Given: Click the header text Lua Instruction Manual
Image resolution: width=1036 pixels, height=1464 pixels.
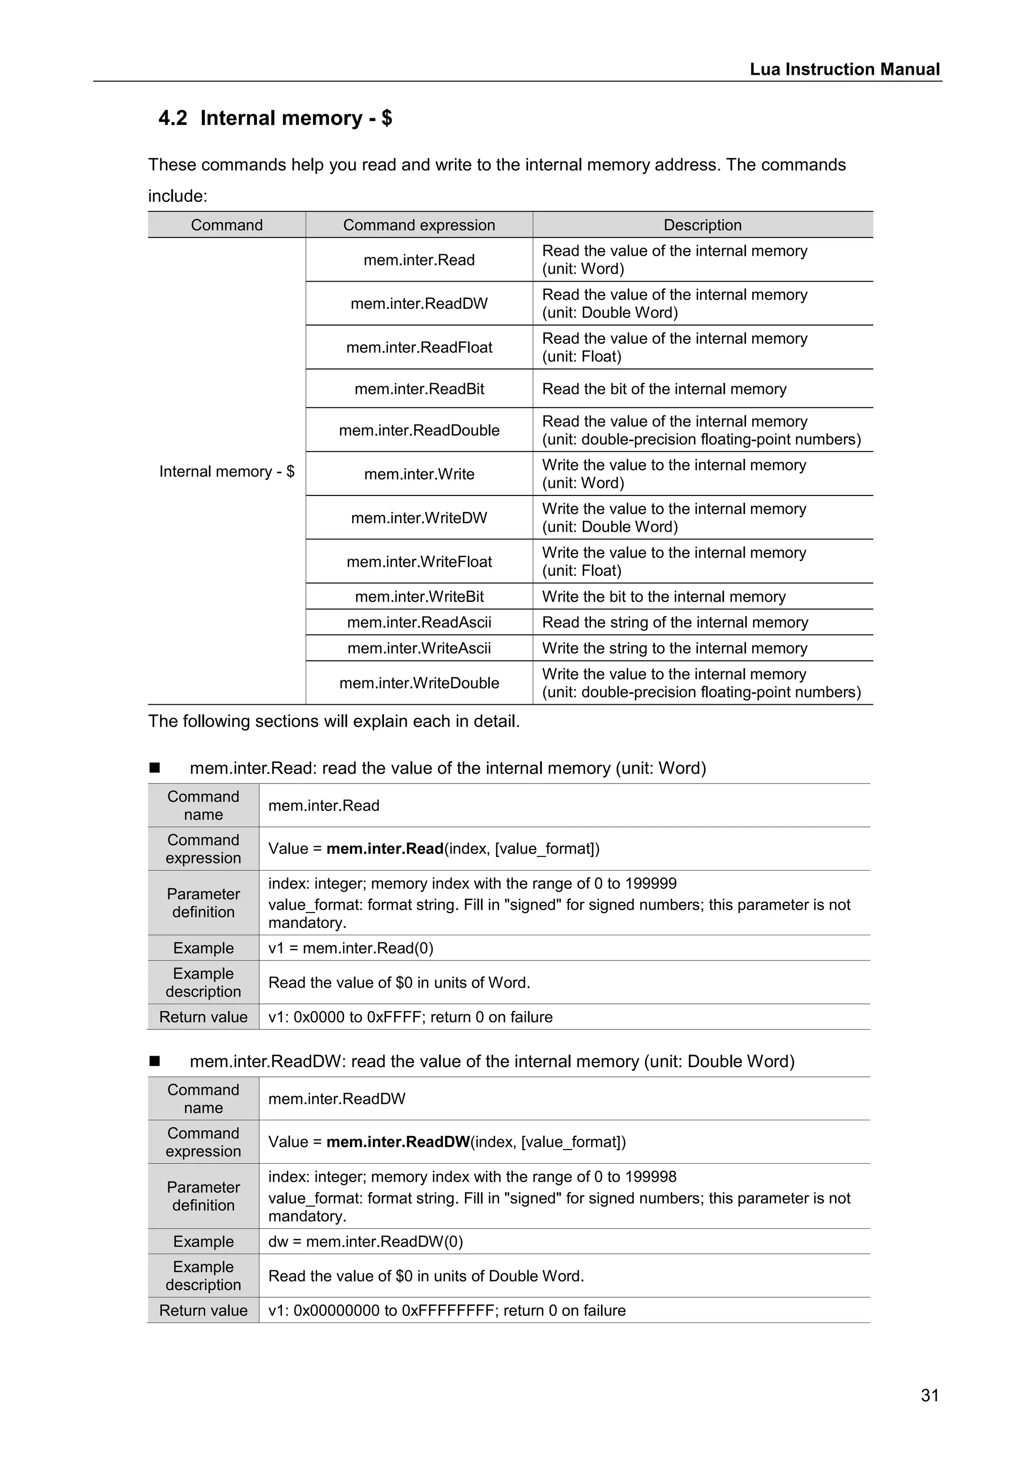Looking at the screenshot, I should (x=844, y=69).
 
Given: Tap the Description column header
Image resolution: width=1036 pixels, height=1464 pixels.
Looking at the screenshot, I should (x=702, y=225).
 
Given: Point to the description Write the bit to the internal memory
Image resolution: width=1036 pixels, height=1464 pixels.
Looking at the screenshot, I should (x=664, y=597).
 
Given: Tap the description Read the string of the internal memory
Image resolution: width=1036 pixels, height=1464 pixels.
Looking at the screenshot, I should (x=675, y=622).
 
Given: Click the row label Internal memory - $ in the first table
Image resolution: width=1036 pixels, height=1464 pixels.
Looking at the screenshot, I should (x=227, y=471).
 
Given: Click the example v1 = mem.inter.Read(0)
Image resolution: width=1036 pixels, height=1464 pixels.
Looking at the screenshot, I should (x=350, y=948).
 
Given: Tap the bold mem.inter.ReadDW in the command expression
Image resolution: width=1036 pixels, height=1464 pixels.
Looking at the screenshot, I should (x=398, y=1142).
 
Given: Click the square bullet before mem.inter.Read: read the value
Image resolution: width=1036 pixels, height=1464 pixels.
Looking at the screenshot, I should (x=154, y=768).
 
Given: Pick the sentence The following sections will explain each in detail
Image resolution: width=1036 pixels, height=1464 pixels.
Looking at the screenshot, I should (x=334, y=721).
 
